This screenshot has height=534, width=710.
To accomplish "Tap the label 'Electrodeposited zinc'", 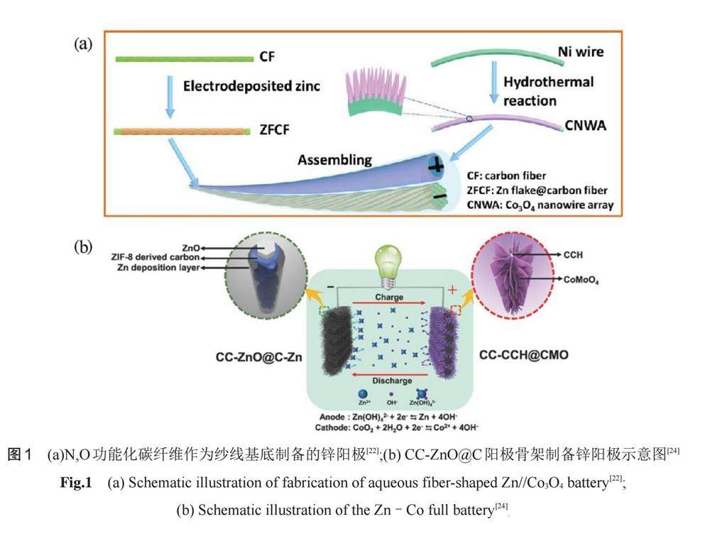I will pos(251,87).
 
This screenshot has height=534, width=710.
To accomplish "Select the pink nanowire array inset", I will pos(377,94).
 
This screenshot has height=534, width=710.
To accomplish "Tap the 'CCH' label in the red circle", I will pos(577,254).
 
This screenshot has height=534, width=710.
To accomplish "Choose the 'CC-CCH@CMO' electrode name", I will pos(516,354).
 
